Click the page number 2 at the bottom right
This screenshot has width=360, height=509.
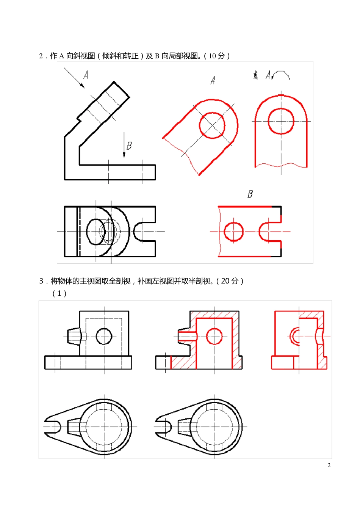pyautogui.click(x=329, y=465)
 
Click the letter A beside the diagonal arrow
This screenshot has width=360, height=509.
pyautogui.click(x=86, y=75)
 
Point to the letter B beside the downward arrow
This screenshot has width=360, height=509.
pyautogui.click(x=129, y=146)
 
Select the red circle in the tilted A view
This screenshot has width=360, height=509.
pyautogui.click(x=212, y=125)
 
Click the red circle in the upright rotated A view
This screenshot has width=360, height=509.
pyautogui.click(x=281, y=121)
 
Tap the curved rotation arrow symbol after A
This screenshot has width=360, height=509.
pyautogui.click(x=281, y=75)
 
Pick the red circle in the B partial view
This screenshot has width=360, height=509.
pyautogui.click(x=234, y=232)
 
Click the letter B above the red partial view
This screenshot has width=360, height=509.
pyautogui.click(x=250, y=194)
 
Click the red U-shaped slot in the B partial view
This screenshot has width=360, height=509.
pyautogui.click(x=267, y=232)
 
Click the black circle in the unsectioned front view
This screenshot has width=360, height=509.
pyautogui.click(x=104, y=336)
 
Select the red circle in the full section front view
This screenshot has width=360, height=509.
pyautogui.click(x=214, y=336)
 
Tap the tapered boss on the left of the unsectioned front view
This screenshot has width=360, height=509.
pyautogui.click(x=74, y=336)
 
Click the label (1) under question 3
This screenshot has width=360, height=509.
pyautogui.click(x=59, y=294)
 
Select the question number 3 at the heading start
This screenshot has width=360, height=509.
pyautogui.click(x=41, y=281)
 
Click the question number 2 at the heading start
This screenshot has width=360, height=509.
pyautogui.click(x=41, y=56)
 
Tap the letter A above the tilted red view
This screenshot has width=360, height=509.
pyautogui.click(x=213, y=80)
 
